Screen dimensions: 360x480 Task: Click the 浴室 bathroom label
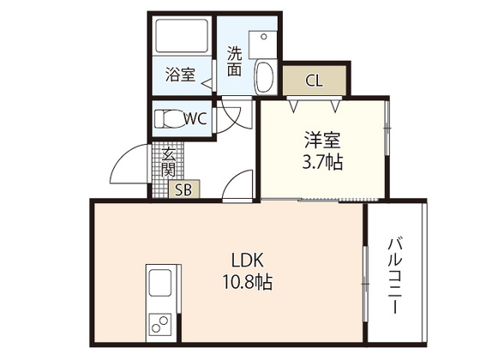point(180,75)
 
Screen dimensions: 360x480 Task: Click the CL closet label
point(314,81)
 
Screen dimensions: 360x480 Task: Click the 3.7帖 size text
point(322,161)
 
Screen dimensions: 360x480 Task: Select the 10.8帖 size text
point(249,281)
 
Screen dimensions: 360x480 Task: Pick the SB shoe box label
point(184,190)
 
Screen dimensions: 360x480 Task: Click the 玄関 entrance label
point(168,162)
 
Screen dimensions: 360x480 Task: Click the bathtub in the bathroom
point(181,39)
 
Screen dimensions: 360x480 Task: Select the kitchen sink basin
point(160,285)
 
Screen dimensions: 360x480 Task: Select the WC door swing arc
point(229,118)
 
